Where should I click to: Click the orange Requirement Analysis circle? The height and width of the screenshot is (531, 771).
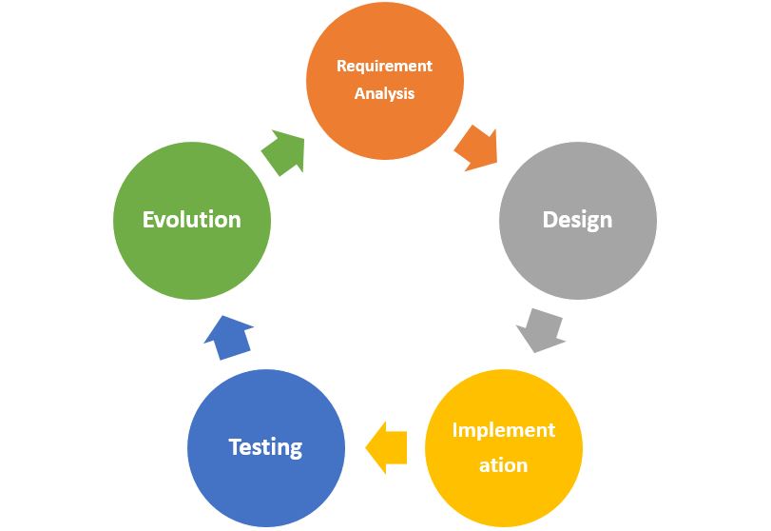click(x=384, y=80)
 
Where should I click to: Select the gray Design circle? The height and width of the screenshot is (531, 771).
click(x=578, y=221)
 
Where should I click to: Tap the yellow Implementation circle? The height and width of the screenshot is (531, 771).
click(x=504, y=448)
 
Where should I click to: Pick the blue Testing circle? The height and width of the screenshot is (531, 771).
click(x=266, y=448)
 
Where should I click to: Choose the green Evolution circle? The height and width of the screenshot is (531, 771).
click(x=192, y=221)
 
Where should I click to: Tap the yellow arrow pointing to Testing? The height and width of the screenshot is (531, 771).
click(x=387, y=448)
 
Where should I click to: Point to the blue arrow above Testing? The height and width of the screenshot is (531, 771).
click(x=229, y=338)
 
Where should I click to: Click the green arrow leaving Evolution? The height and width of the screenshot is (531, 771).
click(x=284, y=152)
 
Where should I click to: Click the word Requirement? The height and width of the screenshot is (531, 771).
click(x=384, y=66)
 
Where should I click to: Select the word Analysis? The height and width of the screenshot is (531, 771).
click(x=384, y=93)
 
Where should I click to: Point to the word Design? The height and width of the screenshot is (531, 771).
click(x=577, y=220)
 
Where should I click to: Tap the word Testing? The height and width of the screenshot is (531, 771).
click(x=265, y=447)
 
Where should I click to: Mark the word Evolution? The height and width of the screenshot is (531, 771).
click(x=192, y=220)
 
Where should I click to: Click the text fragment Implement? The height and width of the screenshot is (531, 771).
click(x=504, y=431)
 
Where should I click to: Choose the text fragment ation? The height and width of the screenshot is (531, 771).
click(x=503, y=465)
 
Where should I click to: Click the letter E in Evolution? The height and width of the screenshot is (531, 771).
click(x=148, y=220)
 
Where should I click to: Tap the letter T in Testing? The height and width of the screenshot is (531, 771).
click(x=236, y=447)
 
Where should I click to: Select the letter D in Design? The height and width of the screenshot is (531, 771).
click(x=550, y=220)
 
